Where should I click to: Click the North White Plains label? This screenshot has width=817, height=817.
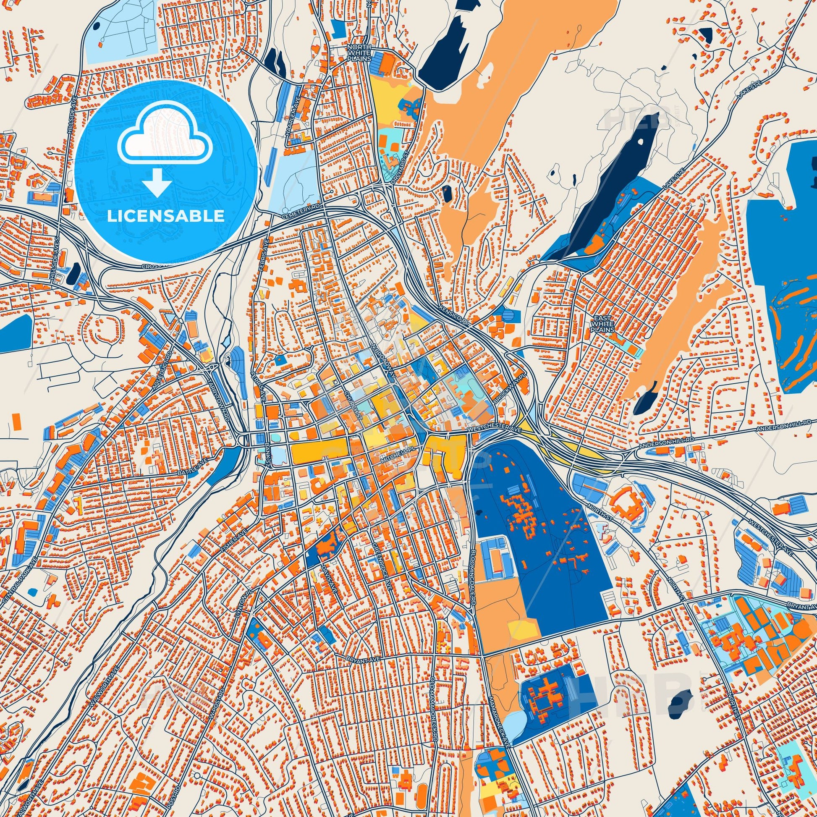(x=359, y=53)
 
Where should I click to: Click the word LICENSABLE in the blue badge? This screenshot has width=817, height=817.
(x=165, y=216)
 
